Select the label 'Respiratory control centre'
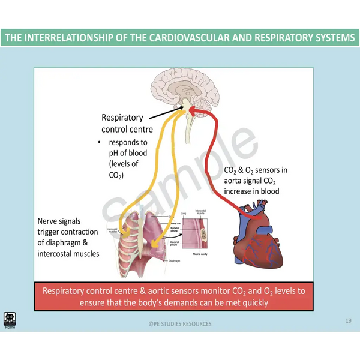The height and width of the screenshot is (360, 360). pyautogui.click(x=127, y=124)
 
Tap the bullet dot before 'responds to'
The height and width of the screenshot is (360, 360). pyautogui.click(x=100, y=143)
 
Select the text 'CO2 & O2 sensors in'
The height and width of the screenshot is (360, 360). pyautogui.click(x=255, y=170)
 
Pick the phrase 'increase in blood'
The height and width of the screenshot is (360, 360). pyautogui.click(x=251, y=191)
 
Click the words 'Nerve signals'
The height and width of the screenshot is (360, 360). pyautogui.click(x=59, y=221)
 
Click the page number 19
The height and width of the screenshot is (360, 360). pyautogui.click(x=348, y=321)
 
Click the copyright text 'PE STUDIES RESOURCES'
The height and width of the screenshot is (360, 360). pyautogui.click(x=180, y=324)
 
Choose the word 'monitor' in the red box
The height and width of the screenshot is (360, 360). pyautogui.click(x=200, y=291)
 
